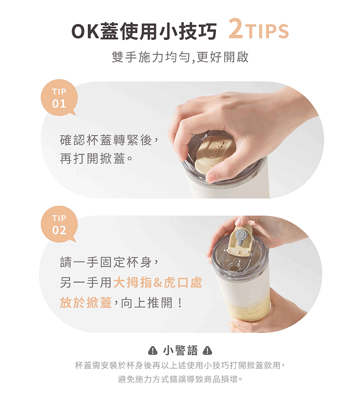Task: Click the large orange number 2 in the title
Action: coord(235,29)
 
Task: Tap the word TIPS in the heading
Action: coord(267,31)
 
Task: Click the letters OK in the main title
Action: coord(85,31)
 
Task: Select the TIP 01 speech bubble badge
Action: coord(59,98)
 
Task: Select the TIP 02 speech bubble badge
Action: coord(59,224)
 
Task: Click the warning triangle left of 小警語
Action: coord(153,350)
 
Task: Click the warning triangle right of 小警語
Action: coord(207,350)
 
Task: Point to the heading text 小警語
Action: coord(180,350)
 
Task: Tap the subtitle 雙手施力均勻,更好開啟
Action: coord(180,57)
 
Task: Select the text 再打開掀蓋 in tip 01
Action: coord(93,159)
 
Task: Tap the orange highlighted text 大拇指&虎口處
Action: coord(157,282)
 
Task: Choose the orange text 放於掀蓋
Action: coord(85,303)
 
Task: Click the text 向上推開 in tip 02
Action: coord(147,303)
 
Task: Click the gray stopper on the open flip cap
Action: coord(241,237)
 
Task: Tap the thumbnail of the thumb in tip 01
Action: coord(211,178)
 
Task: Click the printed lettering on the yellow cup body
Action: coord(246,310)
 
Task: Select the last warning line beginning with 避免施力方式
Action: coord(180,379)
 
